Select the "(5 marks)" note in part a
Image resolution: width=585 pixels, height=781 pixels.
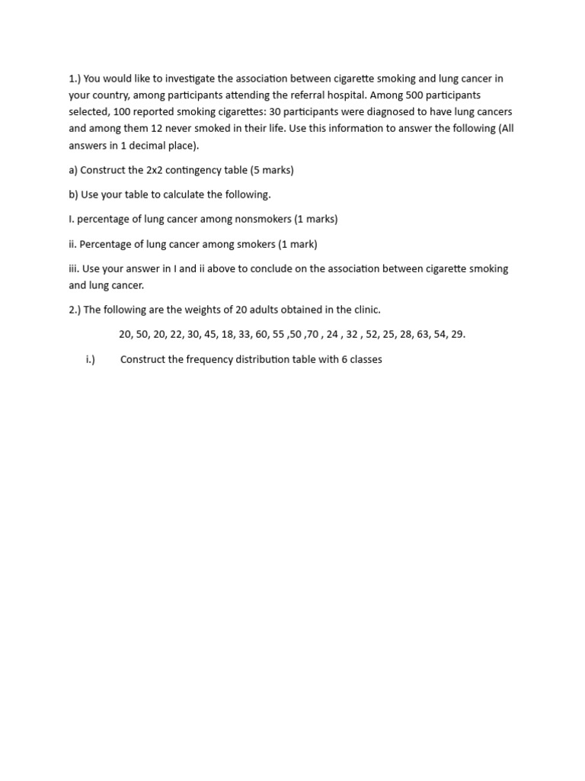(x=272, y=170)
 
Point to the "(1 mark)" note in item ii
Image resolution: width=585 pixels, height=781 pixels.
(x=297, y=244)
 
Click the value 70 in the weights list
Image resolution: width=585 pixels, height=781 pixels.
(x=312, y=334)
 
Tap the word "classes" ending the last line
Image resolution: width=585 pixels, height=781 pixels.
(x=364, y=359)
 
